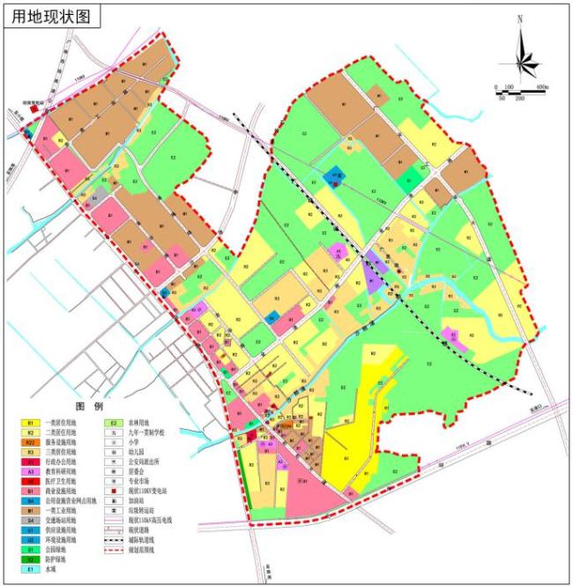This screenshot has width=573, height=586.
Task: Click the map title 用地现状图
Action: (50, 16)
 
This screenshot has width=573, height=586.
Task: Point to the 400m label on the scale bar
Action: (541, 88)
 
